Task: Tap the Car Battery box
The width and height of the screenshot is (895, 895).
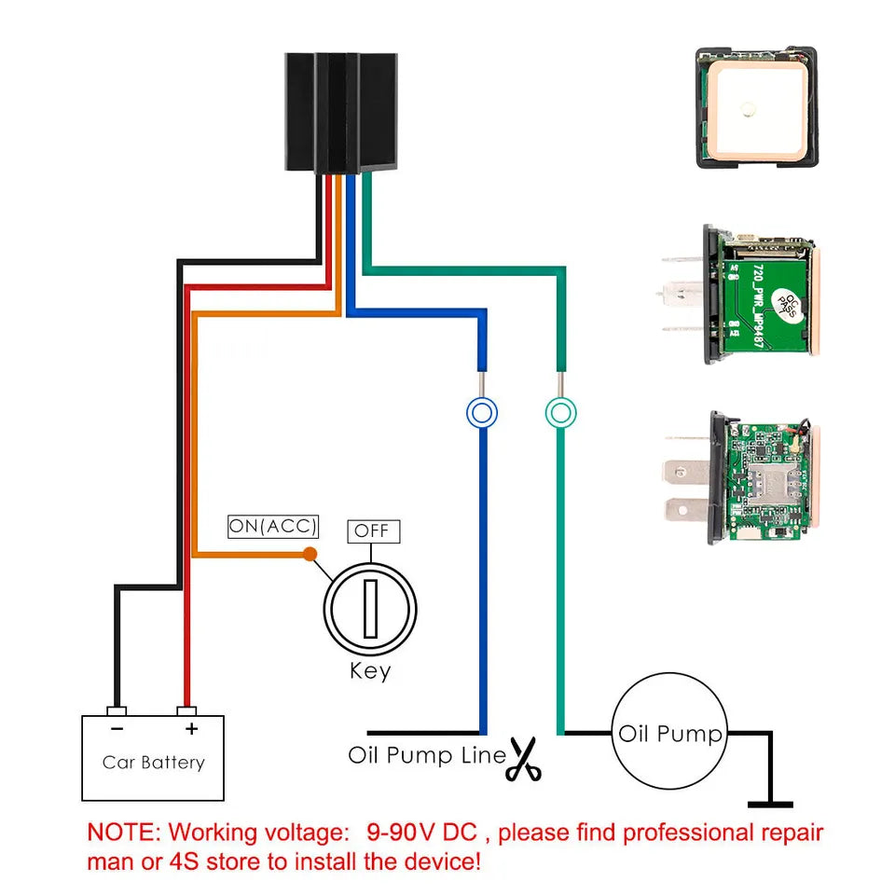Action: point(153,759)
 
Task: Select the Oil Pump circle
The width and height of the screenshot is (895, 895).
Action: point(670,734)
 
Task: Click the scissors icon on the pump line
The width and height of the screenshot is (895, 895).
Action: point(525,759)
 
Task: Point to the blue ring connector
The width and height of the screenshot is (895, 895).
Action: point(481,411)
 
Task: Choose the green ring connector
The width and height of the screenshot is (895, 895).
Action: point(561,411)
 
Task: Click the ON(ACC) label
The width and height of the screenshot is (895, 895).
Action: point(273,527)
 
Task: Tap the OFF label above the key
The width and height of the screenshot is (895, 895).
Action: point(373,531)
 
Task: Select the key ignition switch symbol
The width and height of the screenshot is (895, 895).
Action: point(370,611)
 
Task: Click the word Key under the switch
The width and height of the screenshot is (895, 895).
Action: point(370,670)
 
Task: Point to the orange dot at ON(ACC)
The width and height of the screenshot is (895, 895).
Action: point(310,555)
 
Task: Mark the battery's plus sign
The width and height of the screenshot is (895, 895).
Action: point(191,728)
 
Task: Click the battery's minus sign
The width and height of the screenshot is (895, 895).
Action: point(117,728)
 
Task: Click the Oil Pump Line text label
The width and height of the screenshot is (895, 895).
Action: point(426,754)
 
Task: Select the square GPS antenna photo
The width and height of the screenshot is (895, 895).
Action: point(756,109)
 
